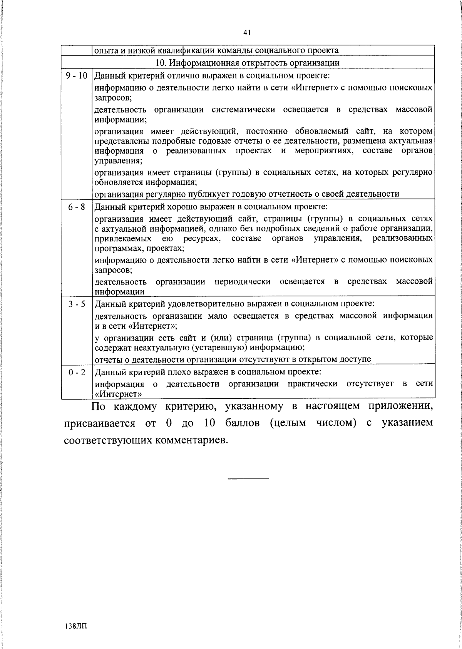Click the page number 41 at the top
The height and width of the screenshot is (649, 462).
[247, 33]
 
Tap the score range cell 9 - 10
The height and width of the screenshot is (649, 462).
[77, 75]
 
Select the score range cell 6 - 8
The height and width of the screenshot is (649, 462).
[77, 207]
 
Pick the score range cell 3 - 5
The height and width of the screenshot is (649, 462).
[77, 304]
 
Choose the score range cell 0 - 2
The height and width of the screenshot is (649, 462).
[77, 372]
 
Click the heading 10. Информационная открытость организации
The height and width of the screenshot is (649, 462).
[247, 63]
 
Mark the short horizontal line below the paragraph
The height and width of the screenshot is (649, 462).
[248, 478]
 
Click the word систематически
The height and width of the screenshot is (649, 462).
[243, 109]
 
